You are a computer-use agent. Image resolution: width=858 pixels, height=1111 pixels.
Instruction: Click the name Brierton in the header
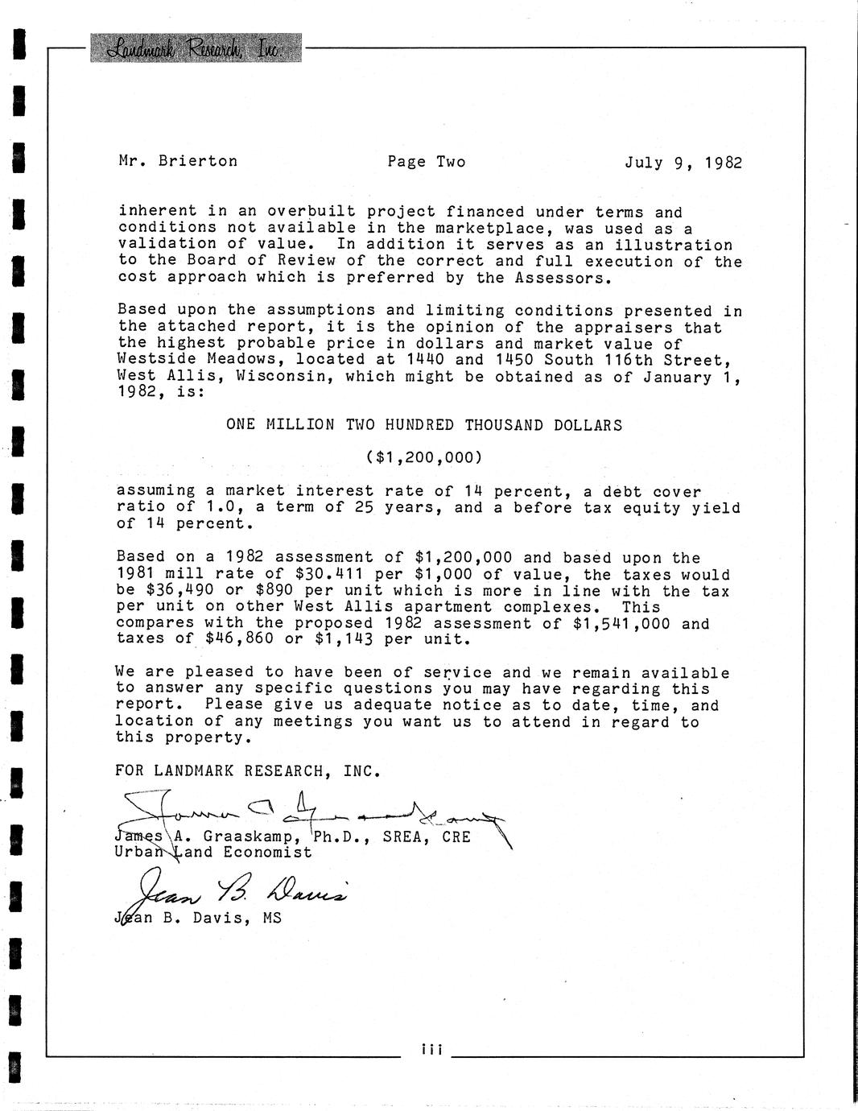198,161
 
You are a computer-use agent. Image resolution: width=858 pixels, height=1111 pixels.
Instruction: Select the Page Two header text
426,162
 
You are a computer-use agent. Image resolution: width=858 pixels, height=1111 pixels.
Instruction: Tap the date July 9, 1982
683,163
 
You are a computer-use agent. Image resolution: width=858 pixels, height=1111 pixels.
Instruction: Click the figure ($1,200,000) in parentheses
424,457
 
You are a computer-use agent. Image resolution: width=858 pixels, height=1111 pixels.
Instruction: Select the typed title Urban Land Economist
214,852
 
